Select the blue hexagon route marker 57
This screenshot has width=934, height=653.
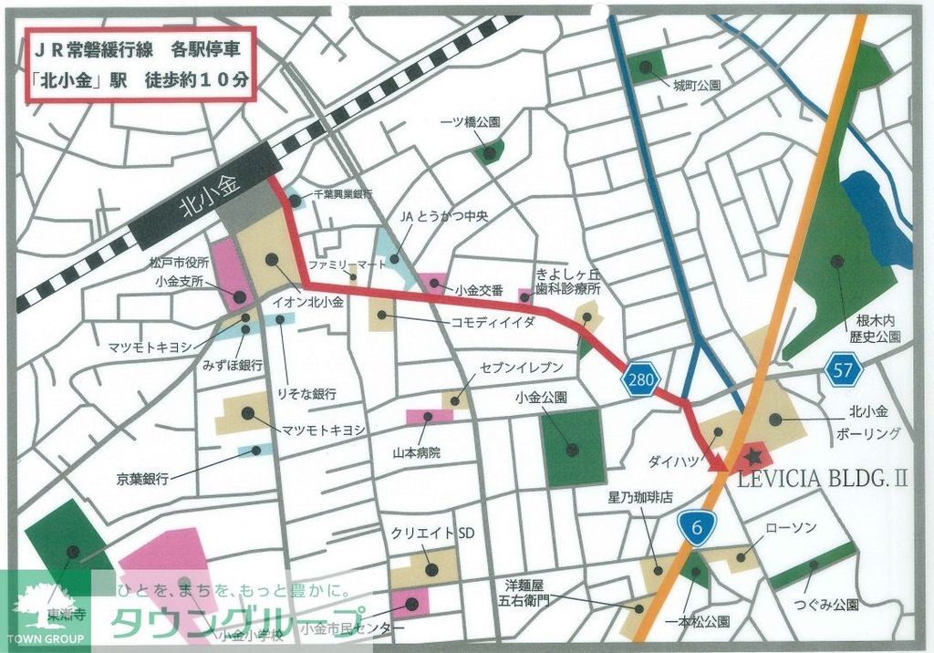(842, 369)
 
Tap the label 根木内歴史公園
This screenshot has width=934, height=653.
(877, 328)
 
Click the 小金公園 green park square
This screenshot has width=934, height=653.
(572, 446)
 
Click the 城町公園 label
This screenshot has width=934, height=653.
(697, 85)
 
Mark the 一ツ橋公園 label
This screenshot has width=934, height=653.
(470, 121)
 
